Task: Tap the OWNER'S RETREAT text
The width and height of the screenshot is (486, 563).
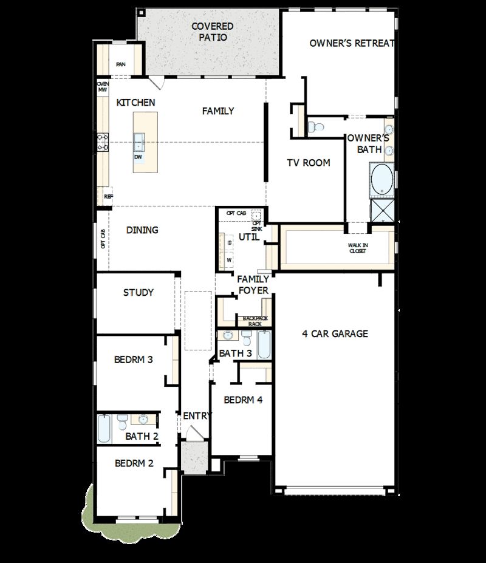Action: tap(352, 43)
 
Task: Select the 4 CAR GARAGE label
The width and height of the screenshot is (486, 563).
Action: tap(335, 333)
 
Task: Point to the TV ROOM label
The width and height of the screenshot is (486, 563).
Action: tap(309, 163)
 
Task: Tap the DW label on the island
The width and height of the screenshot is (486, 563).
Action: tap(139, 157)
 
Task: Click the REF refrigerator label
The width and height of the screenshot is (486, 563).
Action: tap(108, 196)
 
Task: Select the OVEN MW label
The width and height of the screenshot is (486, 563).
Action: tap(102, 87)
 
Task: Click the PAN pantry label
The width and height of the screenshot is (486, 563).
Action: tap(121, 64)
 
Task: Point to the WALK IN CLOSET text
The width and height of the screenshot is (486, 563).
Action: tap(358, 248)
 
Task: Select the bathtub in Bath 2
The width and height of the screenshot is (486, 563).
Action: tap(104, 429)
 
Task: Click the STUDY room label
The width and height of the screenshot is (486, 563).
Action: tap(139, 293)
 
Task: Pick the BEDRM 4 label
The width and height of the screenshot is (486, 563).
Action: tap(243, 400)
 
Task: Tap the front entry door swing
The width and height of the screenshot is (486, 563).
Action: tap(194, 434)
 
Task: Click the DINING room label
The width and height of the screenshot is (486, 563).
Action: tap(142, 230)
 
